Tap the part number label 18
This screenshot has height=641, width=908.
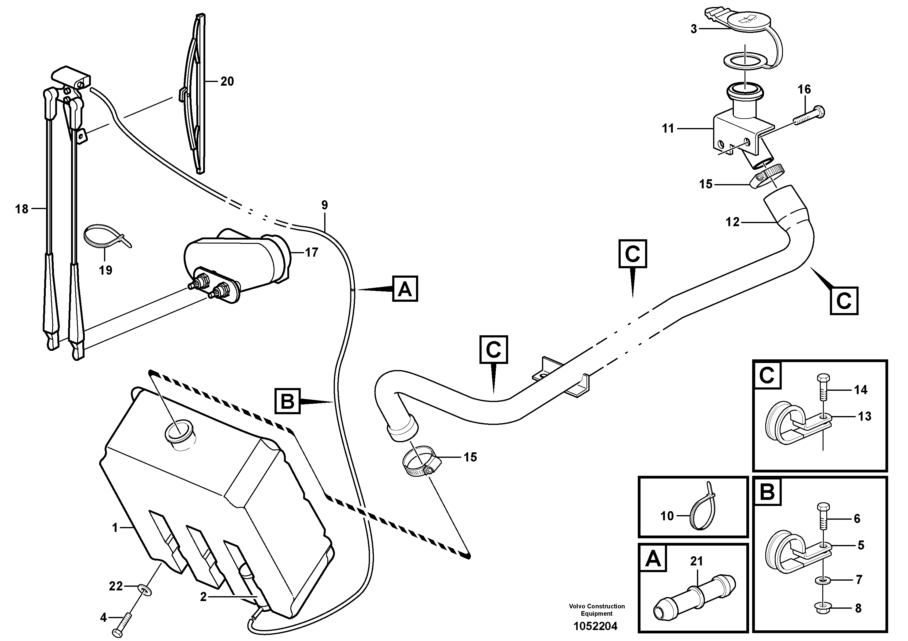(x=22, y=209)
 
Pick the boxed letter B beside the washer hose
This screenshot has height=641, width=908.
(x=288, y=401)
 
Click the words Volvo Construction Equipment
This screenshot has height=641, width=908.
(x=597, y=610)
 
